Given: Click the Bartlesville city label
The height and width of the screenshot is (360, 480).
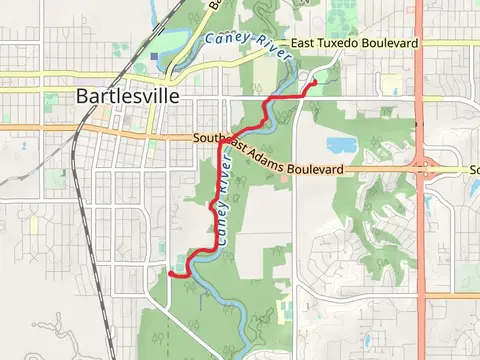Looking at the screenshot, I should [x=128, y=97].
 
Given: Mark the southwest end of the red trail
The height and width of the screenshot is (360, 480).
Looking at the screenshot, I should [x=170, y=271].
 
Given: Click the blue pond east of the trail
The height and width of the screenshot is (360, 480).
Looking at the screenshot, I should [x=342, y=145].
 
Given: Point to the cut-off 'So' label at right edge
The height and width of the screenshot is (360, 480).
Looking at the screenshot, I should [x=474, y=170].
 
